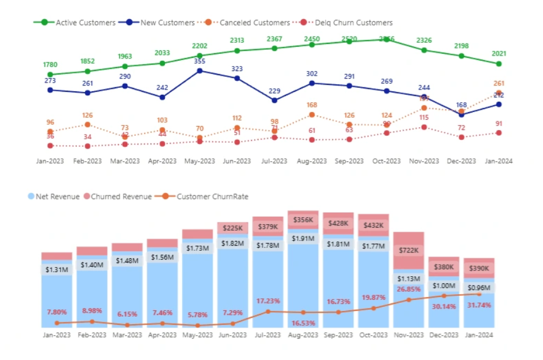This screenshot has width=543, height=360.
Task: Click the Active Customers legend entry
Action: pos(77,23)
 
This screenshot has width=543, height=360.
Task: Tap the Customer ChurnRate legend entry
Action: pos(212,196)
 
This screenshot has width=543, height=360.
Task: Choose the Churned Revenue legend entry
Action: pos(121,196)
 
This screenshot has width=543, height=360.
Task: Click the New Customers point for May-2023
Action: pos(200,70)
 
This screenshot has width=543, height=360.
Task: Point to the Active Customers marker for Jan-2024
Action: pos(498,64)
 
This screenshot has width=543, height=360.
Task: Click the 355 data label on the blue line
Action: pos(200,61)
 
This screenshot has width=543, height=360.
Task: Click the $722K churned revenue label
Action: pos(409,250)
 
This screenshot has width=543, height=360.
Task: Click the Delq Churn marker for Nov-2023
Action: pos(424,127)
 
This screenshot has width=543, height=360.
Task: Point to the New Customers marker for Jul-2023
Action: pos(275,101)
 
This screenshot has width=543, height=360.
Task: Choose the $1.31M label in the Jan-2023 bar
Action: pos(57,269)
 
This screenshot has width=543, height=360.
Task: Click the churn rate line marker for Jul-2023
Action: pos(268,311)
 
